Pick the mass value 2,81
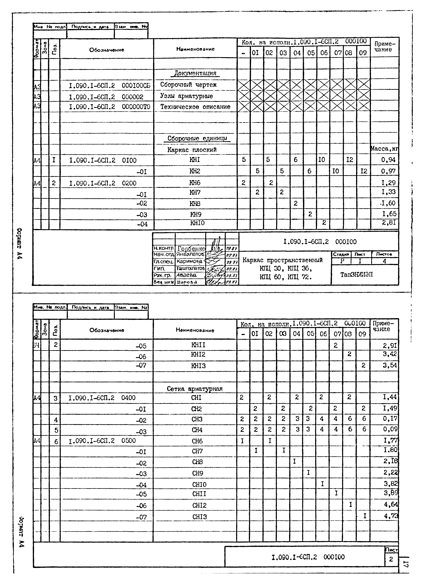389,223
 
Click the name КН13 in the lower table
198,366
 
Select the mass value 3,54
390,365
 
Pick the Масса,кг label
384,149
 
